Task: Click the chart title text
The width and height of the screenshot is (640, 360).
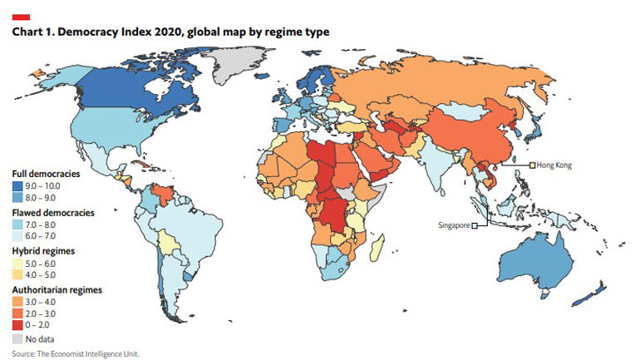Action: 170,32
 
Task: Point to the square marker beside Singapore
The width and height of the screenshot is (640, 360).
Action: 475,225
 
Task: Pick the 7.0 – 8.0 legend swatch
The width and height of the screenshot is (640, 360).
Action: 18,225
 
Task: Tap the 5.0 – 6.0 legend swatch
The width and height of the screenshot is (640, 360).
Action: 18,263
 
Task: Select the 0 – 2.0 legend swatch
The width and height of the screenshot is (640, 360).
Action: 18,324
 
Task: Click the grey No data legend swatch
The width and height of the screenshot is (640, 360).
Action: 18,339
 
